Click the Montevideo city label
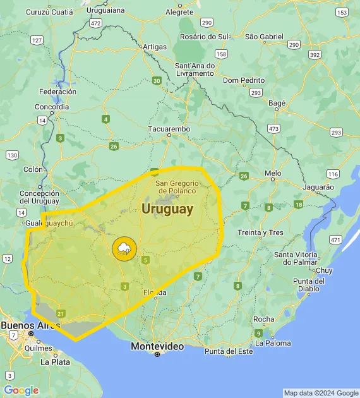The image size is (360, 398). pos(157,346)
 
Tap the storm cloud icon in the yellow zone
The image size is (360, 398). pos(123,248)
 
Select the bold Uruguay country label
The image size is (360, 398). pos(167,209)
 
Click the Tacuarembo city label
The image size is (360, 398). pos(169,129)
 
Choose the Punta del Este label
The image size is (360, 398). pos(228,351)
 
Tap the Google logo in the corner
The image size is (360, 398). pos(21,390)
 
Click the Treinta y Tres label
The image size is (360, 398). pos(260,232)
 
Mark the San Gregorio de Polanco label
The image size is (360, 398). pos(177,186)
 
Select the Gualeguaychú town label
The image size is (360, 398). pos(51,224)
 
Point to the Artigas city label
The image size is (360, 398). pos(155,47)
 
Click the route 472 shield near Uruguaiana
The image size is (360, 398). pos(95,23)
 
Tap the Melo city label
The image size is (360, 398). pos(273,172)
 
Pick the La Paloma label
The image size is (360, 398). pos(273,343)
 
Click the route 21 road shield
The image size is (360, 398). pos(61,313)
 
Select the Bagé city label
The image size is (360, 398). pos(277,102)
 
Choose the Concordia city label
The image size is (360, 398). pos(52,107)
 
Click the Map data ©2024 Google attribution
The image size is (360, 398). pos(320,393)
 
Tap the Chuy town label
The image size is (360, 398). pos(323,270)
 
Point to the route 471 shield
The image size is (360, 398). pos(335,240)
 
